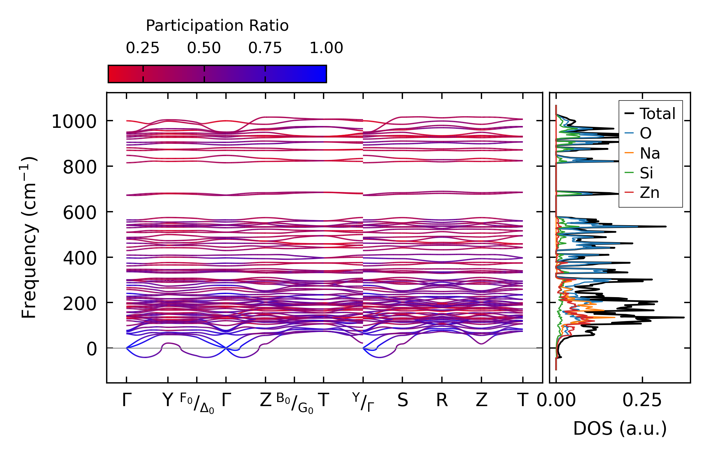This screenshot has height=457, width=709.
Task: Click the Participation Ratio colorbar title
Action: click(x=217, y=26)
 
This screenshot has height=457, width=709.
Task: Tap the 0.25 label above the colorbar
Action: click(x=142, y=48)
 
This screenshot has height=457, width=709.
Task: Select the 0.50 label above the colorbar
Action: click(x=204, y=48)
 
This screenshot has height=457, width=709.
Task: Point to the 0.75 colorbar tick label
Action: click(x=265, y=48)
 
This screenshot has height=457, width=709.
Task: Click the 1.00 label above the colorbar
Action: click(x=326, y=48)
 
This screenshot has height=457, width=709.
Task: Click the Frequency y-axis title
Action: click(x=29, y=237)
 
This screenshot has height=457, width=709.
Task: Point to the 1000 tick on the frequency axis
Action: click(x=74, y=122)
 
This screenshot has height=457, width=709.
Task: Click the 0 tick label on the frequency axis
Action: click(x=92, y=349)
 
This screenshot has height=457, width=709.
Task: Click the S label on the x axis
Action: click(x=403, y=400)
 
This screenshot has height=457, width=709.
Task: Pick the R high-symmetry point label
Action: click(x=442, y=400)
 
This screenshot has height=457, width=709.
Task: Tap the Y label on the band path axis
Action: click(x=168, y=400)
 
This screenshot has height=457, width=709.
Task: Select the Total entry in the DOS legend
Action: click(x=658, y=114)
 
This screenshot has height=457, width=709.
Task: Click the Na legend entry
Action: click(x=650, y=153)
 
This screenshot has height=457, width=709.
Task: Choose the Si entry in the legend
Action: click(x=647, y=173)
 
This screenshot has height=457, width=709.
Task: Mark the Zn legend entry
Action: click(x=649, y=193)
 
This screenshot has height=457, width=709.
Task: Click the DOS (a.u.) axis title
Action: click(x=620, y=429)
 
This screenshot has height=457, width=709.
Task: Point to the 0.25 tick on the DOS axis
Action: click(x=642, y=400)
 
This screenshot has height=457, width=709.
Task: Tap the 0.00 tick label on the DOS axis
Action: click(x=556, y=400)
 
